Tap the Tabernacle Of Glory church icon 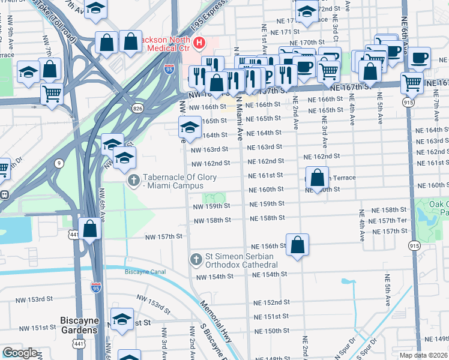133,179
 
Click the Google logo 20,353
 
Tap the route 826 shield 138,107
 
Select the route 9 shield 59,163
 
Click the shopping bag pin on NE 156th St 297,245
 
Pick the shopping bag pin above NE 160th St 318,178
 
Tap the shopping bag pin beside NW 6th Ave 89,229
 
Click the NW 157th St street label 164,236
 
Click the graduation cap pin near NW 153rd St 122,319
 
